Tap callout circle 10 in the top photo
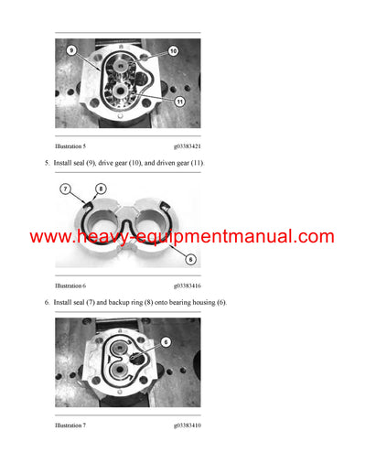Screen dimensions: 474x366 tap(173, 52)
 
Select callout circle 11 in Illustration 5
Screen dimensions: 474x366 tap(179, 102)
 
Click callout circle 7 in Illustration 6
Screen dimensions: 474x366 tap(66, 189)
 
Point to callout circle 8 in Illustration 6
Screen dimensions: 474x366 tap(88, 189)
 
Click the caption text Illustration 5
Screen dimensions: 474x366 tap(74, 145)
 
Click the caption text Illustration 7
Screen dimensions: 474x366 tap(74, 426)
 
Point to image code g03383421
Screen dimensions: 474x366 tap(189, 145)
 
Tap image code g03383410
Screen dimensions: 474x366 tap(189, 426)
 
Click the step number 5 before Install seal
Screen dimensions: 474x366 tap(47, 163)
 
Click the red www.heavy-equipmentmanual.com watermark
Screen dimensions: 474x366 tap(182, 236)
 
